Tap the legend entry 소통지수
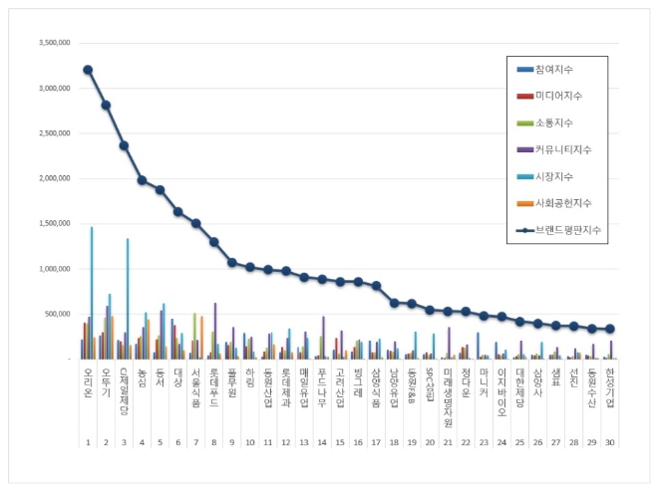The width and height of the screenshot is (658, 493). point(557,123)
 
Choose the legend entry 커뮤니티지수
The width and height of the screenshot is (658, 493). point(563,150)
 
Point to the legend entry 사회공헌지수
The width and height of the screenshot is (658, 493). point(563,204)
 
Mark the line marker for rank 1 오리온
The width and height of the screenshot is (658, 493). point(88,70)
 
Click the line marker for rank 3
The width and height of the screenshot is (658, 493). point(124,145)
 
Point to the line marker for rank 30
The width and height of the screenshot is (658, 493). point(609,329)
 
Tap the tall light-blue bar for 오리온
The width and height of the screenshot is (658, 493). point(92,293)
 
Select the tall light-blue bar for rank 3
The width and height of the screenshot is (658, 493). point(128,299)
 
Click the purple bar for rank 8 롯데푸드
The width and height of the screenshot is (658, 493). point(214,331)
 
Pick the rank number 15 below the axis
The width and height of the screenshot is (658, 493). point(339,443)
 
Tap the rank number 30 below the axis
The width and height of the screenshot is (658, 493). point(609,443)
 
